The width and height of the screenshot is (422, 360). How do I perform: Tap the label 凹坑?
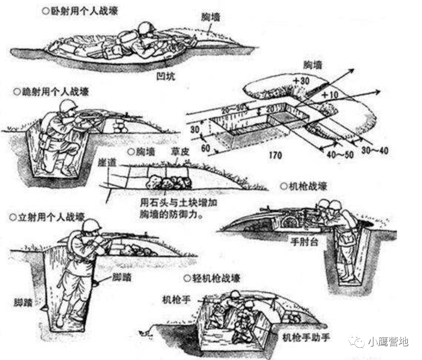[167, 76]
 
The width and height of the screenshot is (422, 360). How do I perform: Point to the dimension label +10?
[330, 96]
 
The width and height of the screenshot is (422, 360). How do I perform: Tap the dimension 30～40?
[375, 151]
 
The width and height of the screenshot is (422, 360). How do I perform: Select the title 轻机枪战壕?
[216, 278]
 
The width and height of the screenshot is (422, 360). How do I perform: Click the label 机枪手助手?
[307, 337]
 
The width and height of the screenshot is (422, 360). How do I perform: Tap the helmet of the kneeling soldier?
[68, 105]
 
